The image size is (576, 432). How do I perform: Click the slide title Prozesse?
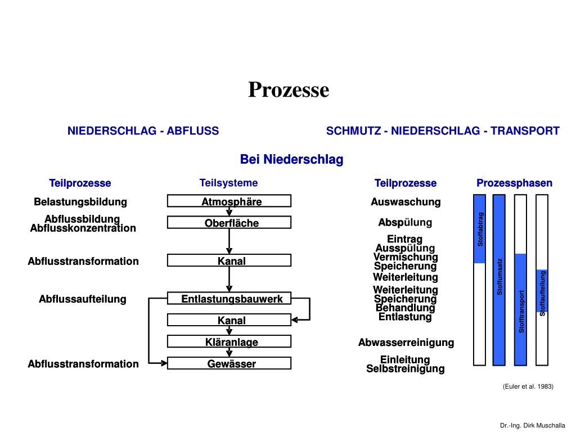pos(289,89)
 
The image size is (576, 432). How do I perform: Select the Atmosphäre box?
pos(229,201)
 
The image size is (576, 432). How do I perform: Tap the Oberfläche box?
pos(229,223)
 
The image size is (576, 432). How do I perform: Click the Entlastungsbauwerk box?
pos(229,299)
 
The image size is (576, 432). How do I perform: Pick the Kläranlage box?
pos(229,342)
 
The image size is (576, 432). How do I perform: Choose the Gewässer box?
pos(229,364)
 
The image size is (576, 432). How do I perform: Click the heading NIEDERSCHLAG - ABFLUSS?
pos(143,131)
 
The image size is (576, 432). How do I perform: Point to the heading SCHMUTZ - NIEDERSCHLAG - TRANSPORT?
pos(443,131)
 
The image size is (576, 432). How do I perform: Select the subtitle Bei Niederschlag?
pos(291,160)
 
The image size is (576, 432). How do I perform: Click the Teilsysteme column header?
pos(228,183)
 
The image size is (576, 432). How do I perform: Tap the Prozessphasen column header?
pos(514,183)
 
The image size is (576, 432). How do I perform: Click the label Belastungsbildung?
pos(80,202)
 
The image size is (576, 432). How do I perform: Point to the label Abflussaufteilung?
pos(83,299)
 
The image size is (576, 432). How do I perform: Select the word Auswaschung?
pos(406,202)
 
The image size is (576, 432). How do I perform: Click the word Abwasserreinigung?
pos(406,343)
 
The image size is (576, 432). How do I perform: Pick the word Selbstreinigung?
pos(406,369)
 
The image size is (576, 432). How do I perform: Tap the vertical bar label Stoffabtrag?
pos(480,229)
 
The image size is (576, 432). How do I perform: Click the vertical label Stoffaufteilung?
pos(543,293)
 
